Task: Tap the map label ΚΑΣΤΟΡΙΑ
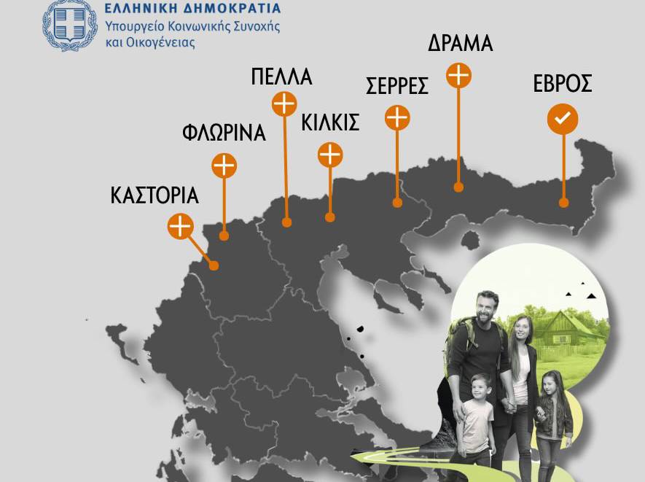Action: point(155,195)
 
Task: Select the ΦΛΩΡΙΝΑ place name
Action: point(223,133)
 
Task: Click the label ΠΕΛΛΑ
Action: point(281,77)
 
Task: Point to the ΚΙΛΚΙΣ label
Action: point(330,123)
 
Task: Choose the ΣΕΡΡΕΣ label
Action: point(396,85)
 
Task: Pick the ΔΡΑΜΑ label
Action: point(460,43)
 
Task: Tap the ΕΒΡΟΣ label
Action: point(562,84)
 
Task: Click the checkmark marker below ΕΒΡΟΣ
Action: point(562,119)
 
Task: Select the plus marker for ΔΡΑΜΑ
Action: point(458,75)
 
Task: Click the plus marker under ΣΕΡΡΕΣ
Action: point(397,117)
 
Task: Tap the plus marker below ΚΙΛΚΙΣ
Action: point(330,155)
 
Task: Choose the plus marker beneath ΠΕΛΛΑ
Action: point(284,104)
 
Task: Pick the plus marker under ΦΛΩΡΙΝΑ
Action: point(224,166)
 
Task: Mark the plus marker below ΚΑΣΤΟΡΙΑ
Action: point(180,226)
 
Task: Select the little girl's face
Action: point(552,384)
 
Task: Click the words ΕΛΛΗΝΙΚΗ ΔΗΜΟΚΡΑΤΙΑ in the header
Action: point(192,9)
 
